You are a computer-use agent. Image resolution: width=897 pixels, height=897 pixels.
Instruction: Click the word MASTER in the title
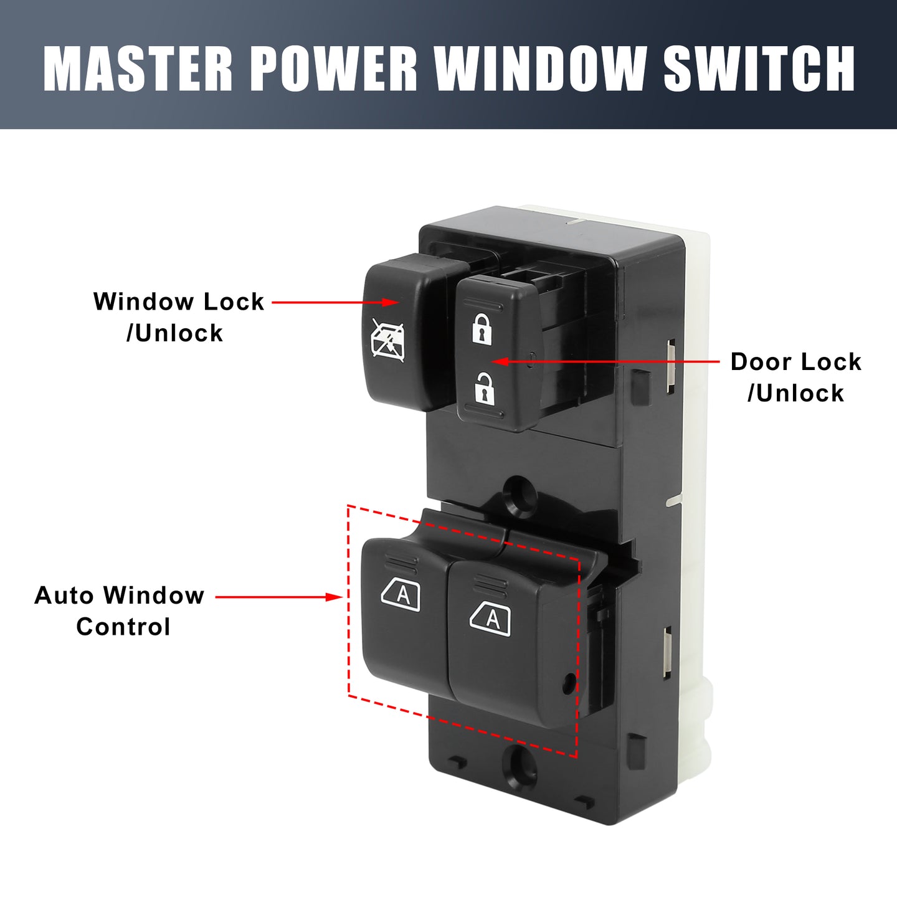coord(138,69)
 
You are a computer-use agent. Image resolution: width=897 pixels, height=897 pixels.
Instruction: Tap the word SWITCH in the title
coord(759,69)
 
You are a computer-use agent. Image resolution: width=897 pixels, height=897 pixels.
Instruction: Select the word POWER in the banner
coord(334,69)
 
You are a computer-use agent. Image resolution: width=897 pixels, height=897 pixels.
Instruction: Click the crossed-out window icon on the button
coord(387,339)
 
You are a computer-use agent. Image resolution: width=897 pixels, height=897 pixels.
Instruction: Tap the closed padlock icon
coord(482,329)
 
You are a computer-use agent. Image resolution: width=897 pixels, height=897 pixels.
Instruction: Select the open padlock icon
coord(485,387)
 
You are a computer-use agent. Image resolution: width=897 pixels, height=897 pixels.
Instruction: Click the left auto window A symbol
coord(401,594)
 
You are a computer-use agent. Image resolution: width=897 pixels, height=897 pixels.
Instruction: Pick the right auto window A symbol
coord(490,619)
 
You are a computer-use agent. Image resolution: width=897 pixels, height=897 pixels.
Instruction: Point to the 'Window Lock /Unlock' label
coord(179,317)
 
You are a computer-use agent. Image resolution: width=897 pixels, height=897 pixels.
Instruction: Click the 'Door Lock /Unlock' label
coord(795,377)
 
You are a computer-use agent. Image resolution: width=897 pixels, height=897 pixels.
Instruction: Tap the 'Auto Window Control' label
coord(119,610)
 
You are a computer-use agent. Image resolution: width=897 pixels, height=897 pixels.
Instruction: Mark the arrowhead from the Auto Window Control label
coord(335,597)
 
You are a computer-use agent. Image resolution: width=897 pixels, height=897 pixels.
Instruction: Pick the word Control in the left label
coord(123,627)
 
